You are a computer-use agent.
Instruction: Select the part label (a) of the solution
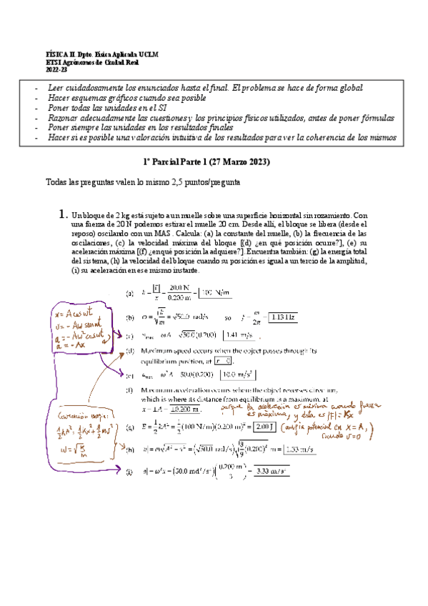(130, 293)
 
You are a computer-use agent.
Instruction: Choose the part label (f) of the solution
(130, 391)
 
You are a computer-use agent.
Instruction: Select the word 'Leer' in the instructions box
(57, 87)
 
